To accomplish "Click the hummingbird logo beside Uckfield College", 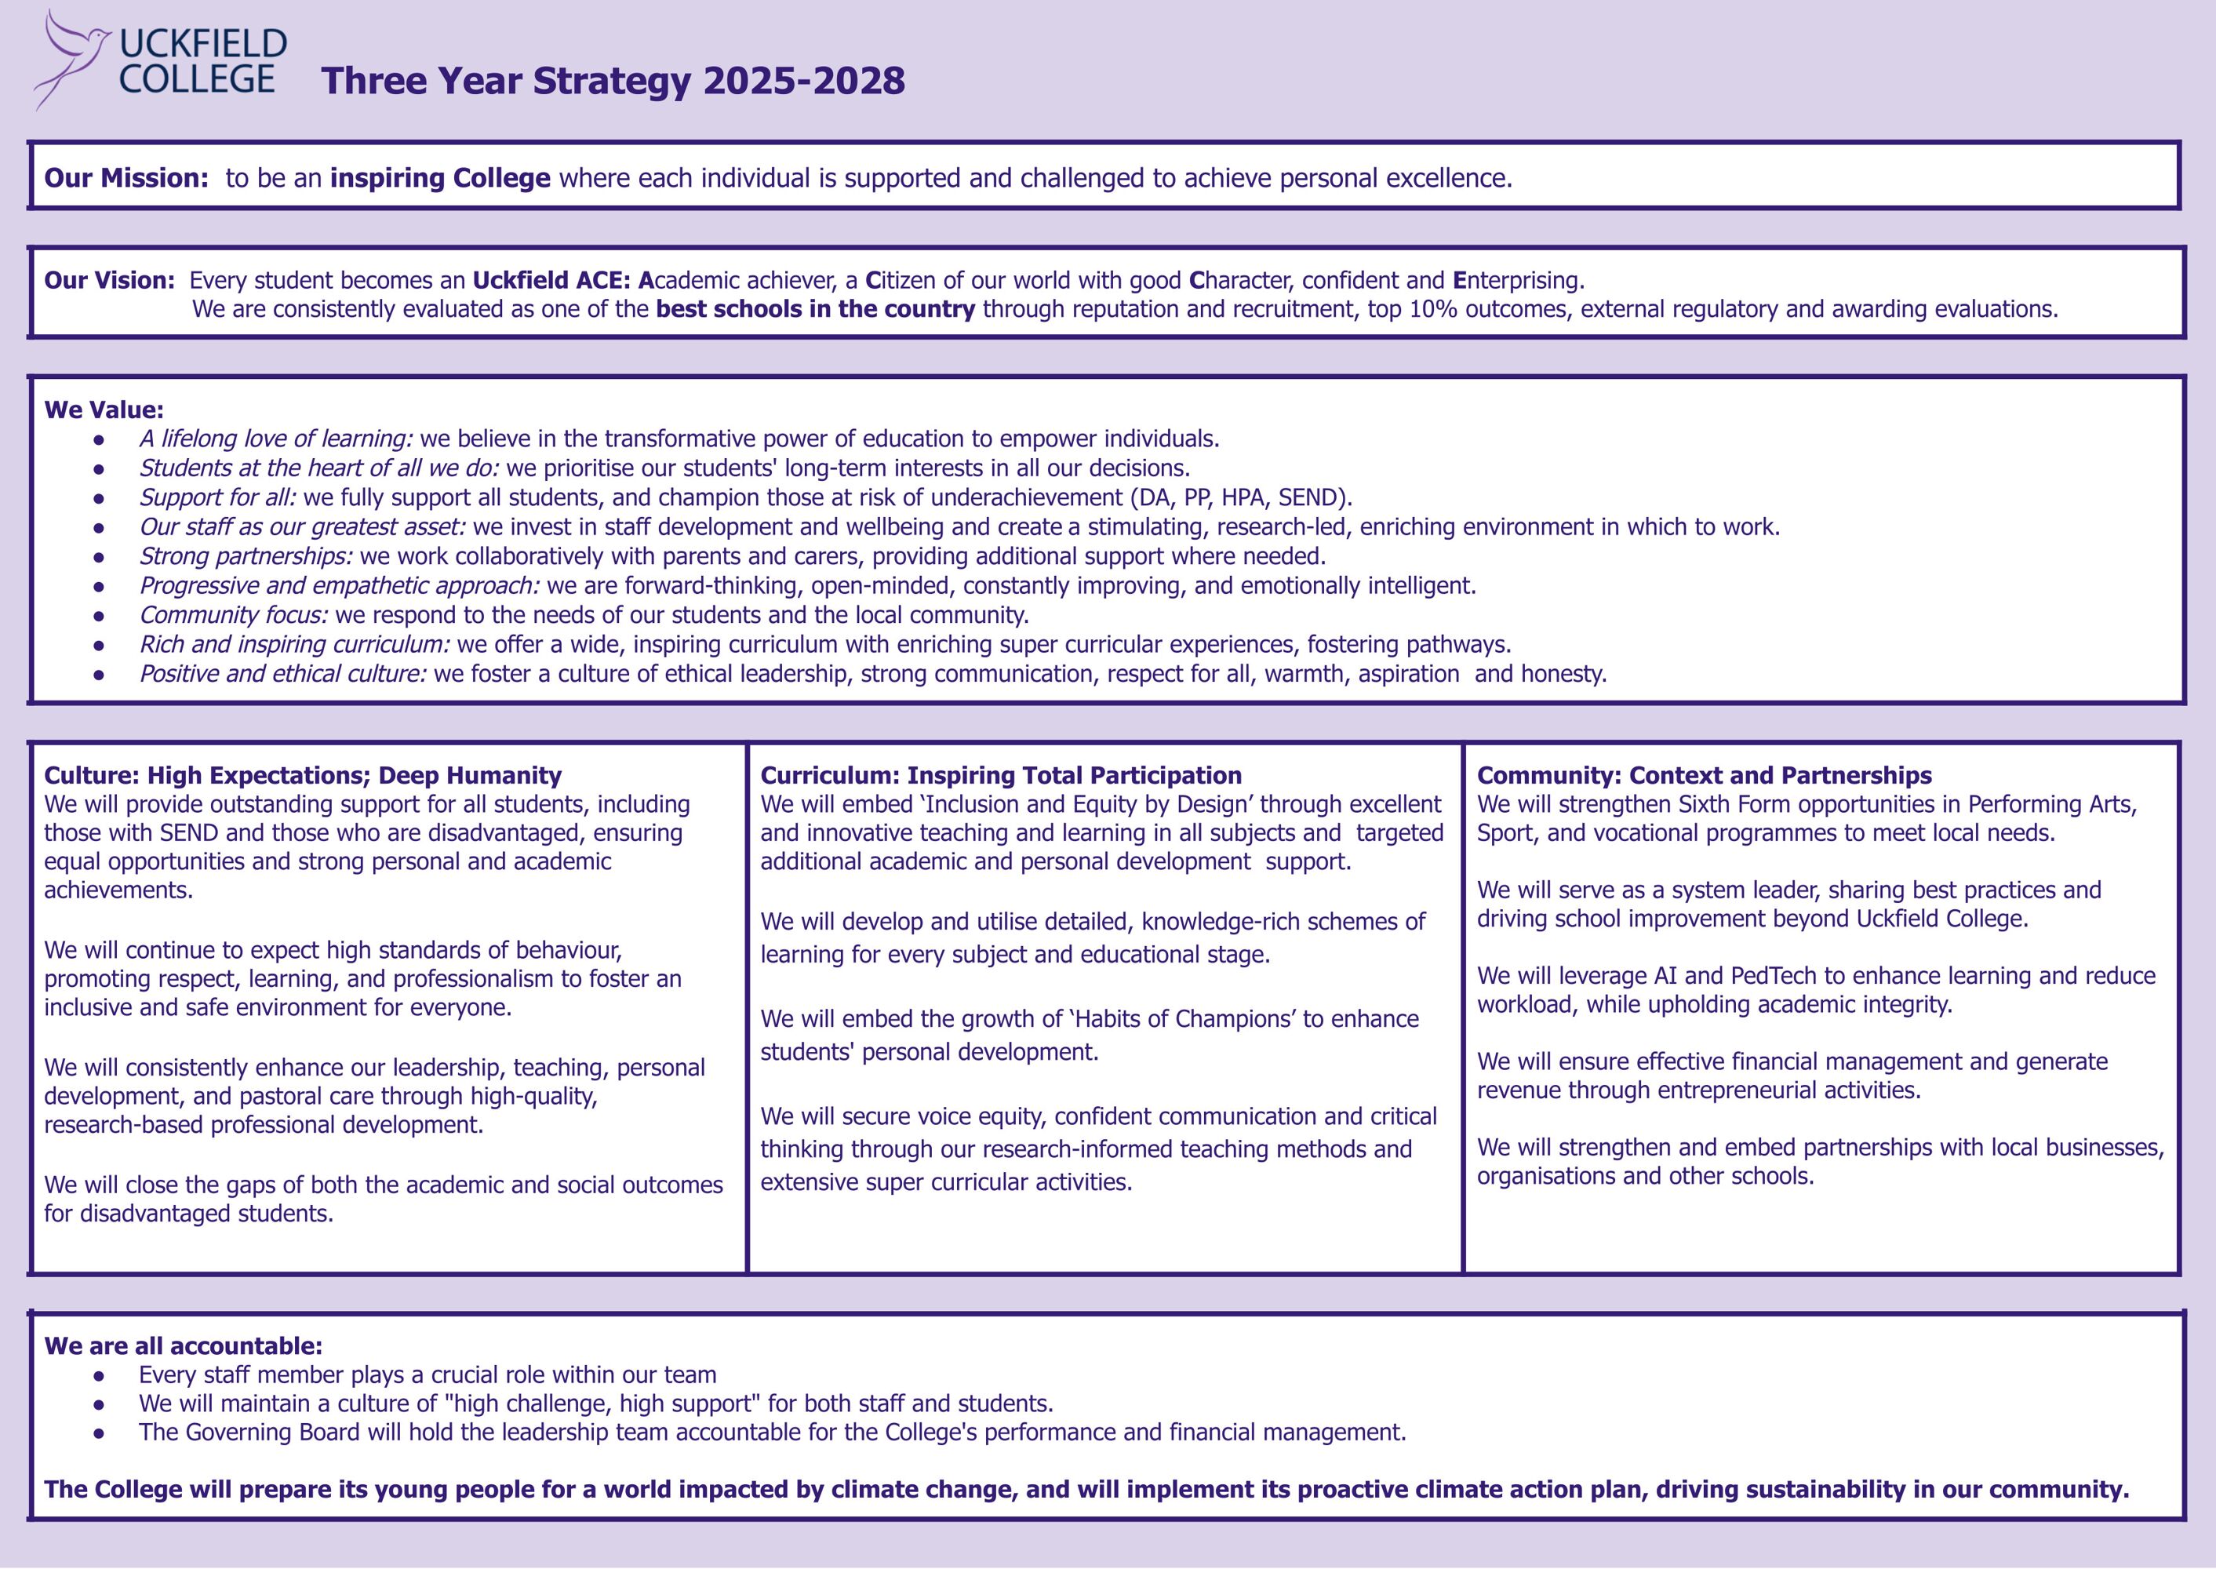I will click(x=72, y=58).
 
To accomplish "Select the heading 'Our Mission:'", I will click(x=126, y=179).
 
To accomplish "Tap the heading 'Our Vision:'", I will click(x=109, y=281).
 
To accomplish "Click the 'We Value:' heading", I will click(x=104, y=410).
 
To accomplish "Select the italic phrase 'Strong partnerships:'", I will click(x=246, y=556).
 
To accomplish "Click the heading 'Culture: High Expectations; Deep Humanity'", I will click(x=302, y=776).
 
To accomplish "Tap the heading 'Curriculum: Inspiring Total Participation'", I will click(x=1001, y=776).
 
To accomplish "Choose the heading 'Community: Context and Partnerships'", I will click(x=1704, y=776).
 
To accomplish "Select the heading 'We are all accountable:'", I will click(x=183, y=1346).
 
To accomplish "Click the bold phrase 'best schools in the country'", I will click(x=815, y=309).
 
